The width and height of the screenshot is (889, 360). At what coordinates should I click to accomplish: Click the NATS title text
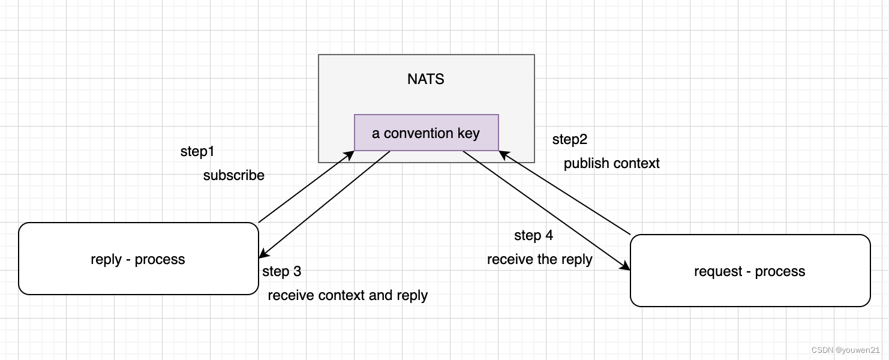pyautogui.click(x=425, y=79)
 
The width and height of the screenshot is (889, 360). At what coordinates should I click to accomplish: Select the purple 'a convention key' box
pyautogui.click(x=426, y=133)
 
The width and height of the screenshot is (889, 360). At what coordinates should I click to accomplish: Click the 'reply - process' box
pyautogui.click(x=138, y=259)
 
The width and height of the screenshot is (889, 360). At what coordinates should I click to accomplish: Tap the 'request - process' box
pyautogui.click(x=749, y=271)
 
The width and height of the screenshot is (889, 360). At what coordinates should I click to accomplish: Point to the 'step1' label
pyautogui.click(x=197, y=152)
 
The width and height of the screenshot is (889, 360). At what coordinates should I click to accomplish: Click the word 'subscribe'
pyautogui.click(x=233, y=175)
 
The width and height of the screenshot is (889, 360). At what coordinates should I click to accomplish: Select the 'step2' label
pyautogui.click(x=569, y=140)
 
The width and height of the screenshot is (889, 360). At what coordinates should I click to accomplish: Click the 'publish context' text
pyautogui.click(x=611, y=163)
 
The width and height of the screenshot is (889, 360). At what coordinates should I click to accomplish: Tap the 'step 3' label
pyautogui.click(x=281, y=271)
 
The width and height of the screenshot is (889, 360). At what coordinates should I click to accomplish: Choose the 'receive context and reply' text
pyautogui.click(x=347, y=295)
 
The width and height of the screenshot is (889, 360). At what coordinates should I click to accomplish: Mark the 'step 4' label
pyautogui.click(x=533, y=236)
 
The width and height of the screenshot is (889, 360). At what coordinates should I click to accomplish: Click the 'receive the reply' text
pyautogui.click(x=539, y=259)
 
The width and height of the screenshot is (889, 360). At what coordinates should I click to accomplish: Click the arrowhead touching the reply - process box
pyautogui.click(x=263, y=255)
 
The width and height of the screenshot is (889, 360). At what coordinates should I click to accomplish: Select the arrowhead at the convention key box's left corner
pyautogui.click(x=350, y=154)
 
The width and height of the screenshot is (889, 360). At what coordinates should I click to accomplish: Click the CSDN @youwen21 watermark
pyautogui.click(x=845, y=350)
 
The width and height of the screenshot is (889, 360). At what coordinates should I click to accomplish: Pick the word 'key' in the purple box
pyautogui.click(x=468, y=133)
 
